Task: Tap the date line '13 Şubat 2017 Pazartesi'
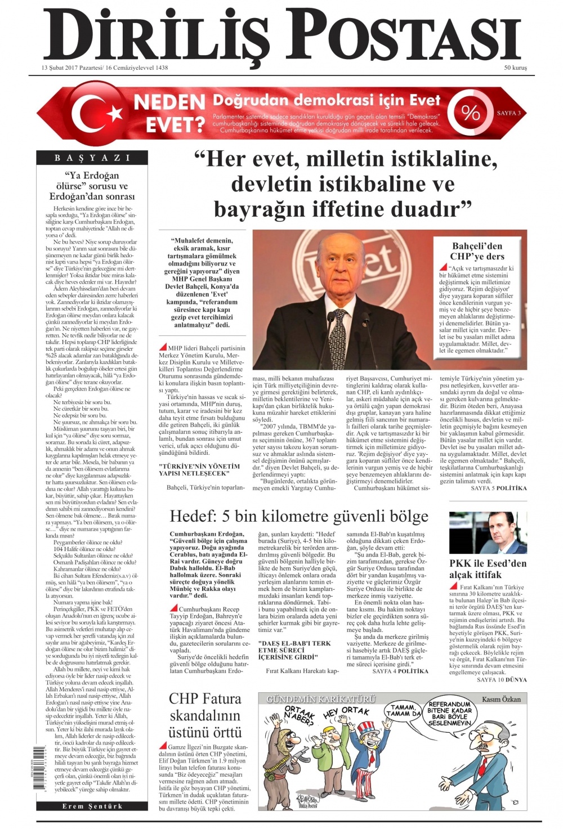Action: pyautogui.click(x=74, y=68)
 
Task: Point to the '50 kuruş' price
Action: pyautogui.click(x=515, y=68)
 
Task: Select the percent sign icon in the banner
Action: pyautogui.click(x=471, y=113)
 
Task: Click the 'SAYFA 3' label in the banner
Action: pyautogui.click(x=508, y=113)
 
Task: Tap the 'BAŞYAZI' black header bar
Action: pyautogui.click(x=92, y=158)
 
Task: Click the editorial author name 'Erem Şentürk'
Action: pyautogui.click(x=92, y=806)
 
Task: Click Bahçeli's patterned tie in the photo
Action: pyautogui.click(x=337, y=338)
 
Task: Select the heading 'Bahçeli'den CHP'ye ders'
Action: pyautogui.click(x=477, y=251)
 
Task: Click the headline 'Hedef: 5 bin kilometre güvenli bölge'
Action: pyautogui.click(x=299, y=516)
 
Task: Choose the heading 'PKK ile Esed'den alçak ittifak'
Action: pyautogui.click(x=488, y=568)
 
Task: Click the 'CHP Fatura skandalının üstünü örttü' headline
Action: pyautogui.click(x=205, y=715)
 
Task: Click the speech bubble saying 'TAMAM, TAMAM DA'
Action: pyautogui.click(x=403, y=710)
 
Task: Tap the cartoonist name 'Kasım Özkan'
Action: pyautogui.click(x=502, y=699)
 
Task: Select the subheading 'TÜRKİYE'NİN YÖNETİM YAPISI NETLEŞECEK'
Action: pyautogui.click(x=199, y=469)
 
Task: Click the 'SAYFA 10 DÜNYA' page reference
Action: pyautogui.click(x=502, y=679)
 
